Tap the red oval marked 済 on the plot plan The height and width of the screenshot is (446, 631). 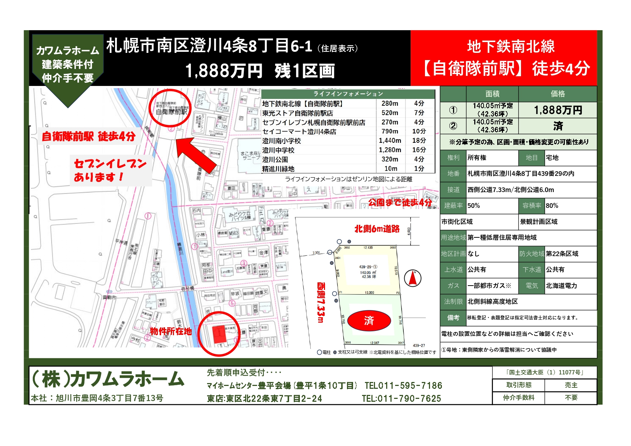[x=369, y=320]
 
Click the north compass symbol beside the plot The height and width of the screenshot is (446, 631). [x=413, y=278]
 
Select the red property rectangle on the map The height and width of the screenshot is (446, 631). [x=219, y=334]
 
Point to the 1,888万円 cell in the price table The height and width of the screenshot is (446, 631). [x=558, y=110]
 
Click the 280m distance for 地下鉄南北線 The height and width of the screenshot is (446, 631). [x=390, y=104]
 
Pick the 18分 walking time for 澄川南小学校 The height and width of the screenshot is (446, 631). [x=419, y=141]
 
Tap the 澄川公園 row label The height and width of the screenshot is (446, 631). [x=275, y=159]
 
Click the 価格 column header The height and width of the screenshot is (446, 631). [x=558, y=94]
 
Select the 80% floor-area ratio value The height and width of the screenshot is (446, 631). [x=552, y=206]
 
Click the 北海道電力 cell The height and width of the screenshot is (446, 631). [x=561, y=286]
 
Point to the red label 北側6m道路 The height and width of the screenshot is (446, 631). [x=377, y=229]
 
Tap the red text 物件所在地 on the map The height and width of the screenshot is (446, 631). [x=171, y=331]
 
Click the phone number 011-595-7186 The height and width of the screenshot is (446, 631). [x=403, y=386]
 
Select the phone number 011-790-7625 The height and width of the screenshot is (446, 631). [x=401, y=399]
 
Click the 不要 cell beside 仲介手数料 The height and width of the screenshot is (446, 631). [x=571, y=398]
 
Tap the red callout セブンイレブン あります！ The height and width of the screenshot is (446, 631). [x=110, y=170]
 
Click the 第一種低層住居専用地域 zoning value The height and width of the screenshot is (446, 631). [x=502, y=237]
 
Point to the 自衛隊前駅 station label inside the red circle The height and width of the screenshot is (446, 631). [x=172, y=112]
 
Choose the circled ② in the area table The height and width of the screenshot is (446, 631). [x=453, y=126]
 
